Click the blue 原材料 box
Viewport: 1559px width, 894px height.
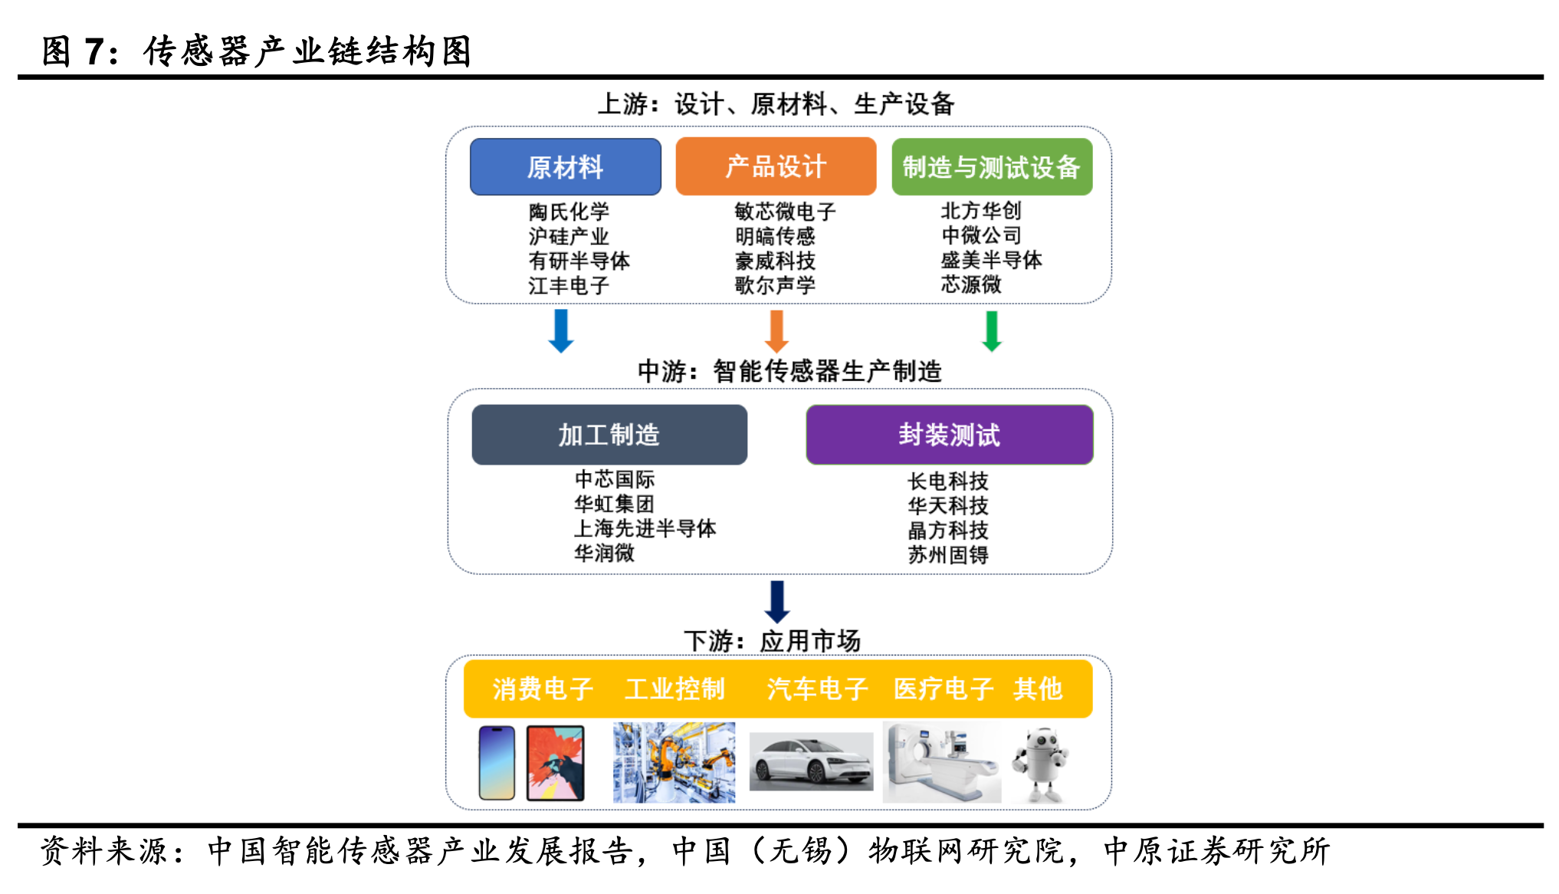pos(566,166)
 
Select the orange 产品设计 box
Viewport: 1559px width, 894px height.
pos(776,166)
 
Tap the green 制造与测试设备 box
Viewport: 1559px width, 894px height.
pos(992,166)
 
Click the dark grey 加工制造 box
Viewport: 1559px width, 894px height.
pos(609,435)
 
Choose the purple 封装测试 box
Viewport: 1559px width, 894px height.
pos(950,435)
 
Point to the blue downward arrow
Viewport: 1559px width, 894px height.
pos(561,331)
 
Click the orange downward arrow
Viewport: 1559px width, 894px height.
pos(776,331)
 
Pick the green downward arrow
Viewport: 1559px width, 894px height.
pos(992,331)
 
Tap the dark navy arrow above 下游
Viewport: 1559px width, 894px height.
pos(777,602)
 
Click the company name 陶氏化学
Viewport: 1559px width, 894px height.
pos(569,212)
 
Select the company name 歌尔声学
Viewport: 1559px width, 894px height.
pos(775,285)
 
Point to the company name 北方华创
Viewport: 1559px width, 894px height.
pos(981,211)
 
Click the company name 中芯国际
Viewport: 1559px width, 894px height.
pos(615,479)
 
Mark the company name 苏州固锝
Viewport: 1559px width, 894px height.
pos(948,554)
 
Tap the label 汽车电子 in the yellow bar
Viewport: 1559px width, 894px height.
pos(817,689)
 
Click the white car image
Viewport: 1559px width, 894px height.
pos(811,761)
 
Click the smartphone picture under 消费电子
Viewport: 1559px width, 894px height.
pos(497,763)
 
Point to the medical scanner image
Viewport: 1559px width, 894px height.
pos(942,762)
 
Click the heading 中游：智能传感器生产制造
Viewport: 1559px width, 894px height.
pos(789,371)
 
